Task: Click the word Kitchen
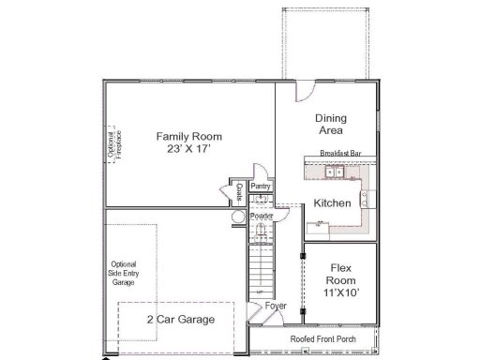332,203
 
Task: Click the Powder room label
262,217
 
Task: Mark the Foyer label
276,307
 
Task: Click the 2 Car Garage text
180,320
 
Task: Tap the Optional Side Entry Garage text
123,273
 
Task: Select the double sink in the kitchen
334,172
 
